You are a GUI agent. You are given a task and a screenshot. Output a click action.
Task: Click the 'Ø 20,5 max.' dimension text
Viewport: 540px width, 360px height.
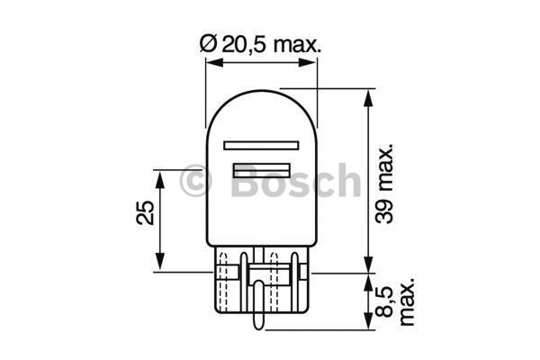(261, 42)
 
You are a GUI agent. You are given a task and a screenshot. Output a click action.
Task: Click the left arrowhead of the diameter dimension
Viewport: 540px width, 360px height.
(211, 63)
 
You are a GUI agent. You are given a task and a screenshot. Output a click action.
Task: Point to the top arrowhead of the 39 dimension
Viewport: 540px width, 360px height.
(367, 94)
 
